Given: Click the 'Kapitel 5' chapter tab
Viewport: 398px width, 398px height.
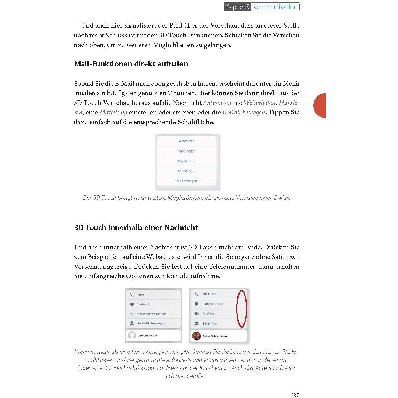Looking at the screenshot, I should tap(237, 7).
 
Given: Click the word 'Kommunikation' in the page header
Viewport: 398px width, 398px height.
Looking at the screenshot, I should tap(275, 7).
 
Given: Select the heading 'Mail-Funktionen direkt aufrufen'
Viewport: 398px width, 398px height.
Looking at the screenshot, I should tap(131, 64).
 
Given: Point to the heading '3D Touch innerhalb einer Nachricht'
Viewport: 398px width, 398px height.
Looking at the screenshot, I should tap(136, 227).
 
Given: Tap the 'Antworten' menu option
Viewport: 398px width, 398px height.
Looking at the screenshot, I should tap(187, 141).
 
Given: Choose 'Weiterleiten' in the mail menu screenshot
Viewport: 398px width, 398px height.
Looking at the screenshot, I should tap(187, 151).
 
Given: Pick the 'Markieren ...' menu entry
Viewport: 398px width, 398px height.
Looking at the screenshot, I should tap(187, 161).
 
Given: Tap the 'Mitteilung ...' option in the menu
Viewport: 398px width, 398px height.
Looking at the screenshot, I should tap(187, 171).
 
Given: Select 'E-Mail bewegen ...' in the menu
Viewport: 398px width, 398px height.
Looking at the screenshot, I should tap(187, 181).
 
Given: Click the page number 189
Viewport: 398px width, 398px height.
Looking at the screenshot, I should tap(295, 394).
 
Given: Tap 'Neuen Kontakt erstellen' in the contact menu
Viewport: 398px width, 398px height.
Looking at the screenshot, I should tap(152, 314).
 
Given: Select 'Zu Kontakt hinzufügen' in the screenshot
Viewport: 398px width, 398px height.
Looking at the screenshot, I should tap(151, 323).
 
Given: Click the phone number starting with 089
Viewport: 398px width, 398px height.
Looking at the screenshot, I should tap(147, 336).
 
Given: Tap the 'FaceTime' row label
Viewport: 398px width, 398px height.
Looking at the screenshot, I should tap(208, 314).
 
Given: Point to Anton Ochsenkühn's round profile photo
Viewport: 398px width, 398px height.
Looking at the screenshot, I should tap(196, 336).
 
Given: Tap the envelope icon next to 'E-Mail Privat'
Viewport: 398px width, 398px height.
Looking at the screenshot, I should tap(196, 324).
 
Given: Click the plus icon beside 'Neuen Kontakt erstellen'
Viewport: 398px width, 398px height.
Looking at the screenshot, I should tap(132, 314).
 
